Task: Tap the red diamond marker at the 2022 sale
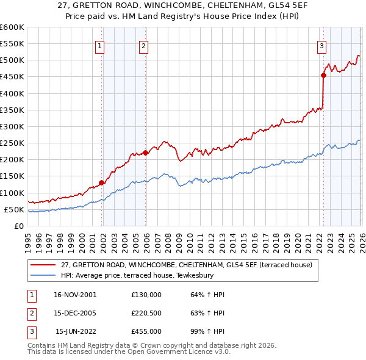(x=323, y=76)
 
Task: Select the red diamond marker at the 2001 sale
(x=101, y=182)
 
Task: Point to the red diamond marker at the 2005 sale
(x=145, y=153)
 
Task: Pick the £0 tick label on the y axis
(x=20, y=226)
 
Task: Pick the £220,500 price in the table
(x=146, y=313)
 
